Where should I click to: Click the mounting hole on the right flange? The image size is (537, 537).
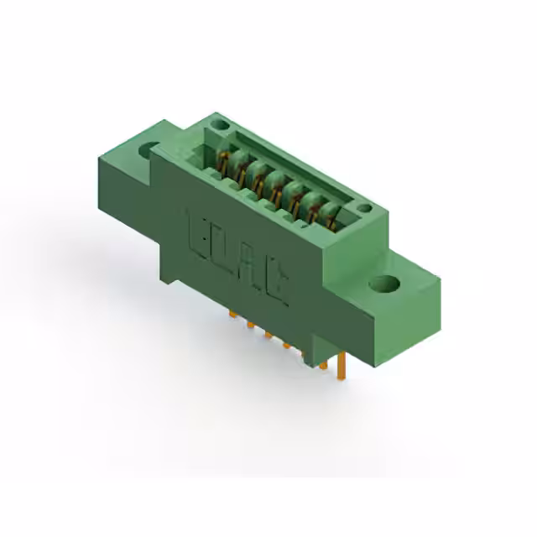point(387,284)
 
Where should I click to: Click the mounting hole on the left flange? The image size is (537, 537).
point(151,150)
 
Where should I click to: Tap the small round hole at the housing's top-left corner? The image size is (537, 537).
point(220,125)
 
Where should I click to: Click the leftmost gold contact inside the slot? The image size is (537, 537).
point(223,161)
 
